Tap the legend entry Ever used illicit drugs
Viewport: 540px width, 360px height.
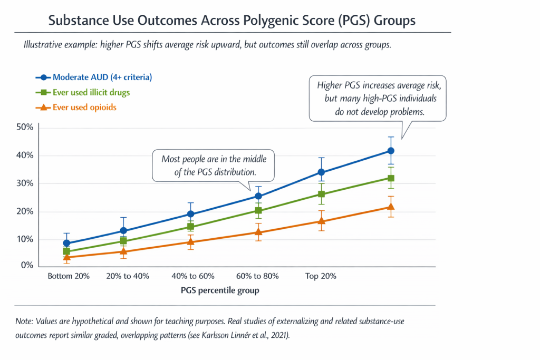click(x=91, y=92)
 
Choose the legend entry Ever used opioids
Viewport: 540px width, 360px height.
click(x=84, y=107)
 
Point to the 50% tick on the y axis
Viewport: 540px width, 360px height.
click(x=26, y=128)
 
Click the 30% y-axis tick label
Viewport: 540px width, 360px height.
click(x=26, y=183)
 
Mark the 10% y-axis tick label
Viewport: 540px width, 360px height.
click(x=26, y=239)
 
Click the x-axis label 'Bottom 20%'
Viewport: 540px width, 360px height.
click(x=69, y=276)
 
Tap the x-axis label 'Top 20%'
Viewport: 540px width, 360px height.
click(x=321, y=276)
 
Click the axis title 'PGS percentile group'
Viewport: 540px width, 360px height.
click(x=220, y=290)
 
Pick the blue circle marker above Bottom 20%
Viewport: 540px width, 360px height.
click(x=66, y=244)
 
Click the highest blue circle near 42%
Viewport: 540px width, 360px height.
click(x=391, y=151)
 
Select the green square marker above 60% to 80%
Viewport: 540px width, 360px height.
click(x=258, y=211)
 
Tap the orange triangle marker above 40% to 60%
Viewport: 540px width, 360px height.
click(x=191, y=242)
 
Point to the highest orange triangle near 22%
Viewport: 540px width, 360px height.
click(x=391, y=207)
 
